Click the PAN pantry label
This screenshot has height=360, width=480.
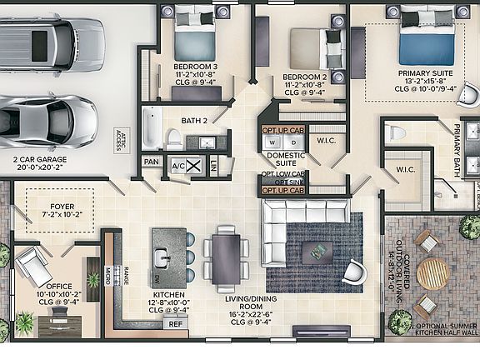coord(151,162)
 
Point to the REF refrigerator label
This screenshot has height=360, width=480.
coord(175,323)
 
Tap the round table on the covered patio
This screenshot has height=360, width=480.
coord(432,273)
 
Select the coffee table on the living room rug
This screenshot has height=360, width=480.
coord(317,251)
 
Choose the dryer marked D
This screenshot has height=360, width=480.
coord(292,142)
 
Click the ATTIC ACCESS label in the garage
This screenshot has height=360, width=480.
coord(122,137)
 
